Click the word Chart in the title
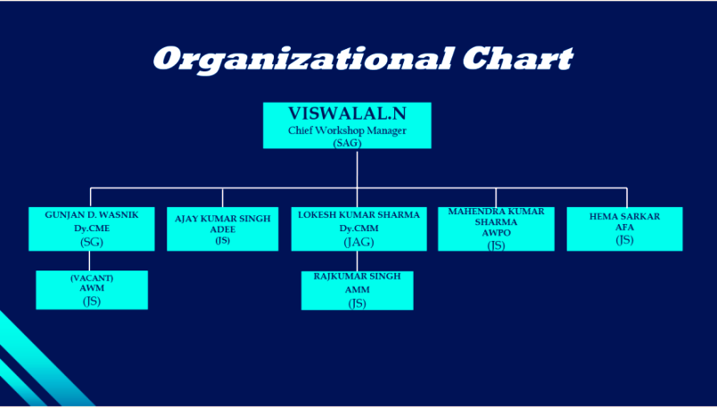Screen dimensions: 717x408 [517, 58]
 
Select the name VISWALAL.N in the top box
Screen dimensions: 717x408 [347, 113]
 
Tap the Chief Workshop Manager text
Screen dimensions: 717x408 [347, 130]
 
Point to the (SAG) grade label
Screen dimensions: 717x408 [348, 143]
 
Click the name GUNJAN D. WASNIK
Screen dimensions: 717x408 [92, 215]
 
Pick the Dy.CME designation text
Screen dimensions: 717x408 [92, 228]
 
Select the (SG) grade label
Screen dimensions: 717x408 [92, 242]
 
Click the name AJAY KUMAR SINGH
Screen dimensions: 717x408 [223, 219]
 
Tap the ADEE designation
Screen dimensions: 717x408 [223, 229]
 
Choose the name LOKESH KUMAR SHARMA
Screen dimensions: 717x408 [359, 215]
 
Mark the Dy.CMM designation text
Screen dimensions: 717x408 [359, 228]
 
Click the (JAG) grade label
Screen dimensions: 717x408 [359, 242]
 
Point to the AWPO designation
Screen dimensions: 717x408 [496, 233]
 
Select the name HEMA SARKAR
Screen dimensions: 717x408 [624, 217]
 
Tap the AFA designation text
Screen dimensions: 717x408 [624, 227]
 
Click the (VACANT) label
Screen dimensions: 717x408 [92, 278]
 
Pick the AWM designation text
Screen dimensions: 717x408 [92, 288]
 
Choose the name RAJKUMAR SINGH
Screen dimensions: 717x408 [357, 276]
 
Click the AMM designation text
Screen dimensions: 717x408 [357, 289]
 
